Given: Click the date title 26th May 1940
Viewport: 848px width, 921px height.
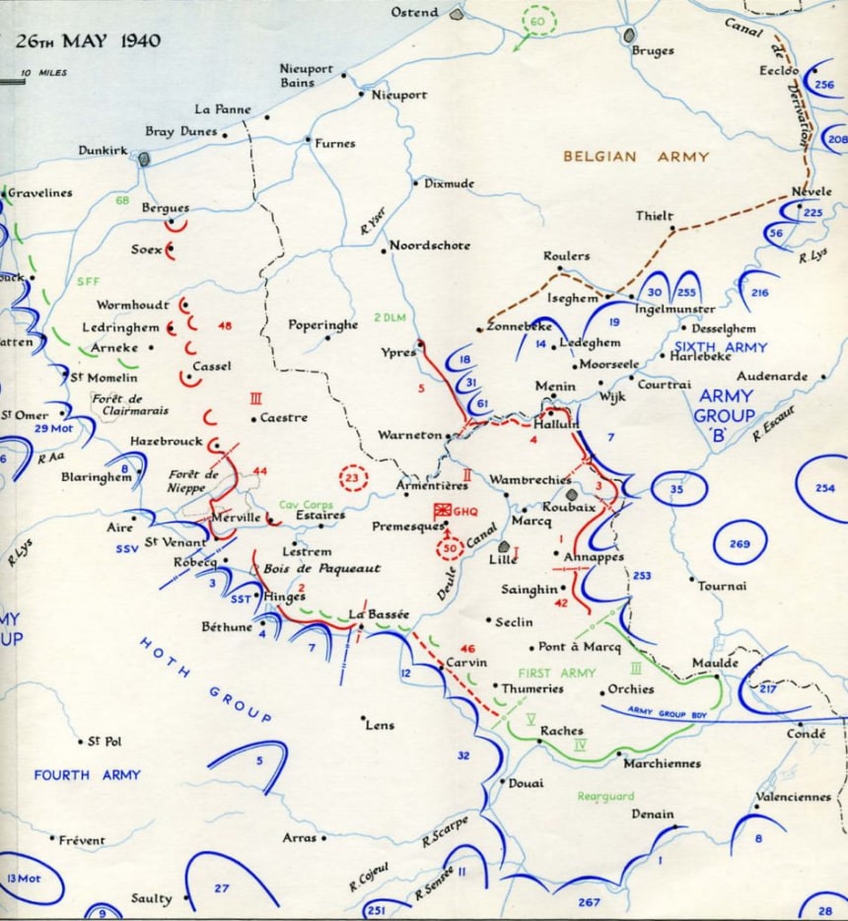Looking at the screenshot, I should tap(89, 41).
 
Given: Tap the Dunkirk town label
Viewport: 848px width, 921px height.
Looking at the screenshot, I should tap(103, 151).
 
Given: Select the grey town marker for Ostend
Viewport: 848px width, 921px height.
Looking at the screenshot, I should tap(456, 15).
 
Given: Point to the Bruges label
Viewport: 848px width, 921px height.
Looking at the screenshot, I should tap(653, 50).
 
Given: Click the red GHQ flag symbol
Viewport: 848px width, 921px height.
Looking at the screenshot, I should tap(444, 510).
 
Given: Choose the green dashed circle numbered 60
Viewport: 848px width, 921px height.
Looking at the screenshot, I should tap(537, 22).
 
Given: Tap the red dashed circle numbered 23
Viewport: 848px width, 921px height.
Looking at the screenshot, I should tap(353, 478).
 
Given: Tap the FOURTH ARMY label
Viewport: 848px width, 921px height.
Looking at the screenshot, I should tap(87, 775).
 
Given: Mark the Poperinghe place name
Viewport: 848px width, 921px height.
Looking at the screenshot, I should tap(321, 324).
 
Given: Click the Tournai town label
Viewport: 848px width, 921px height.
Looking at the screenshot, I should tap(723, 586).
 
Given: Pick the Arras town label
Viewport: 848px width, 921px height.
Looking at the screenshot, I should tap(299, 837).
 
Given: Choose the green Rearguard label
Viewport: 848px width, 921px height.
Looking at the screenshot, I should tap(606, 796).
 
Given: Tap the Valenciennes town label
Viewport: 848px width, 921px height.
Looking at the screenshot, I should tap(793, 797).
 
